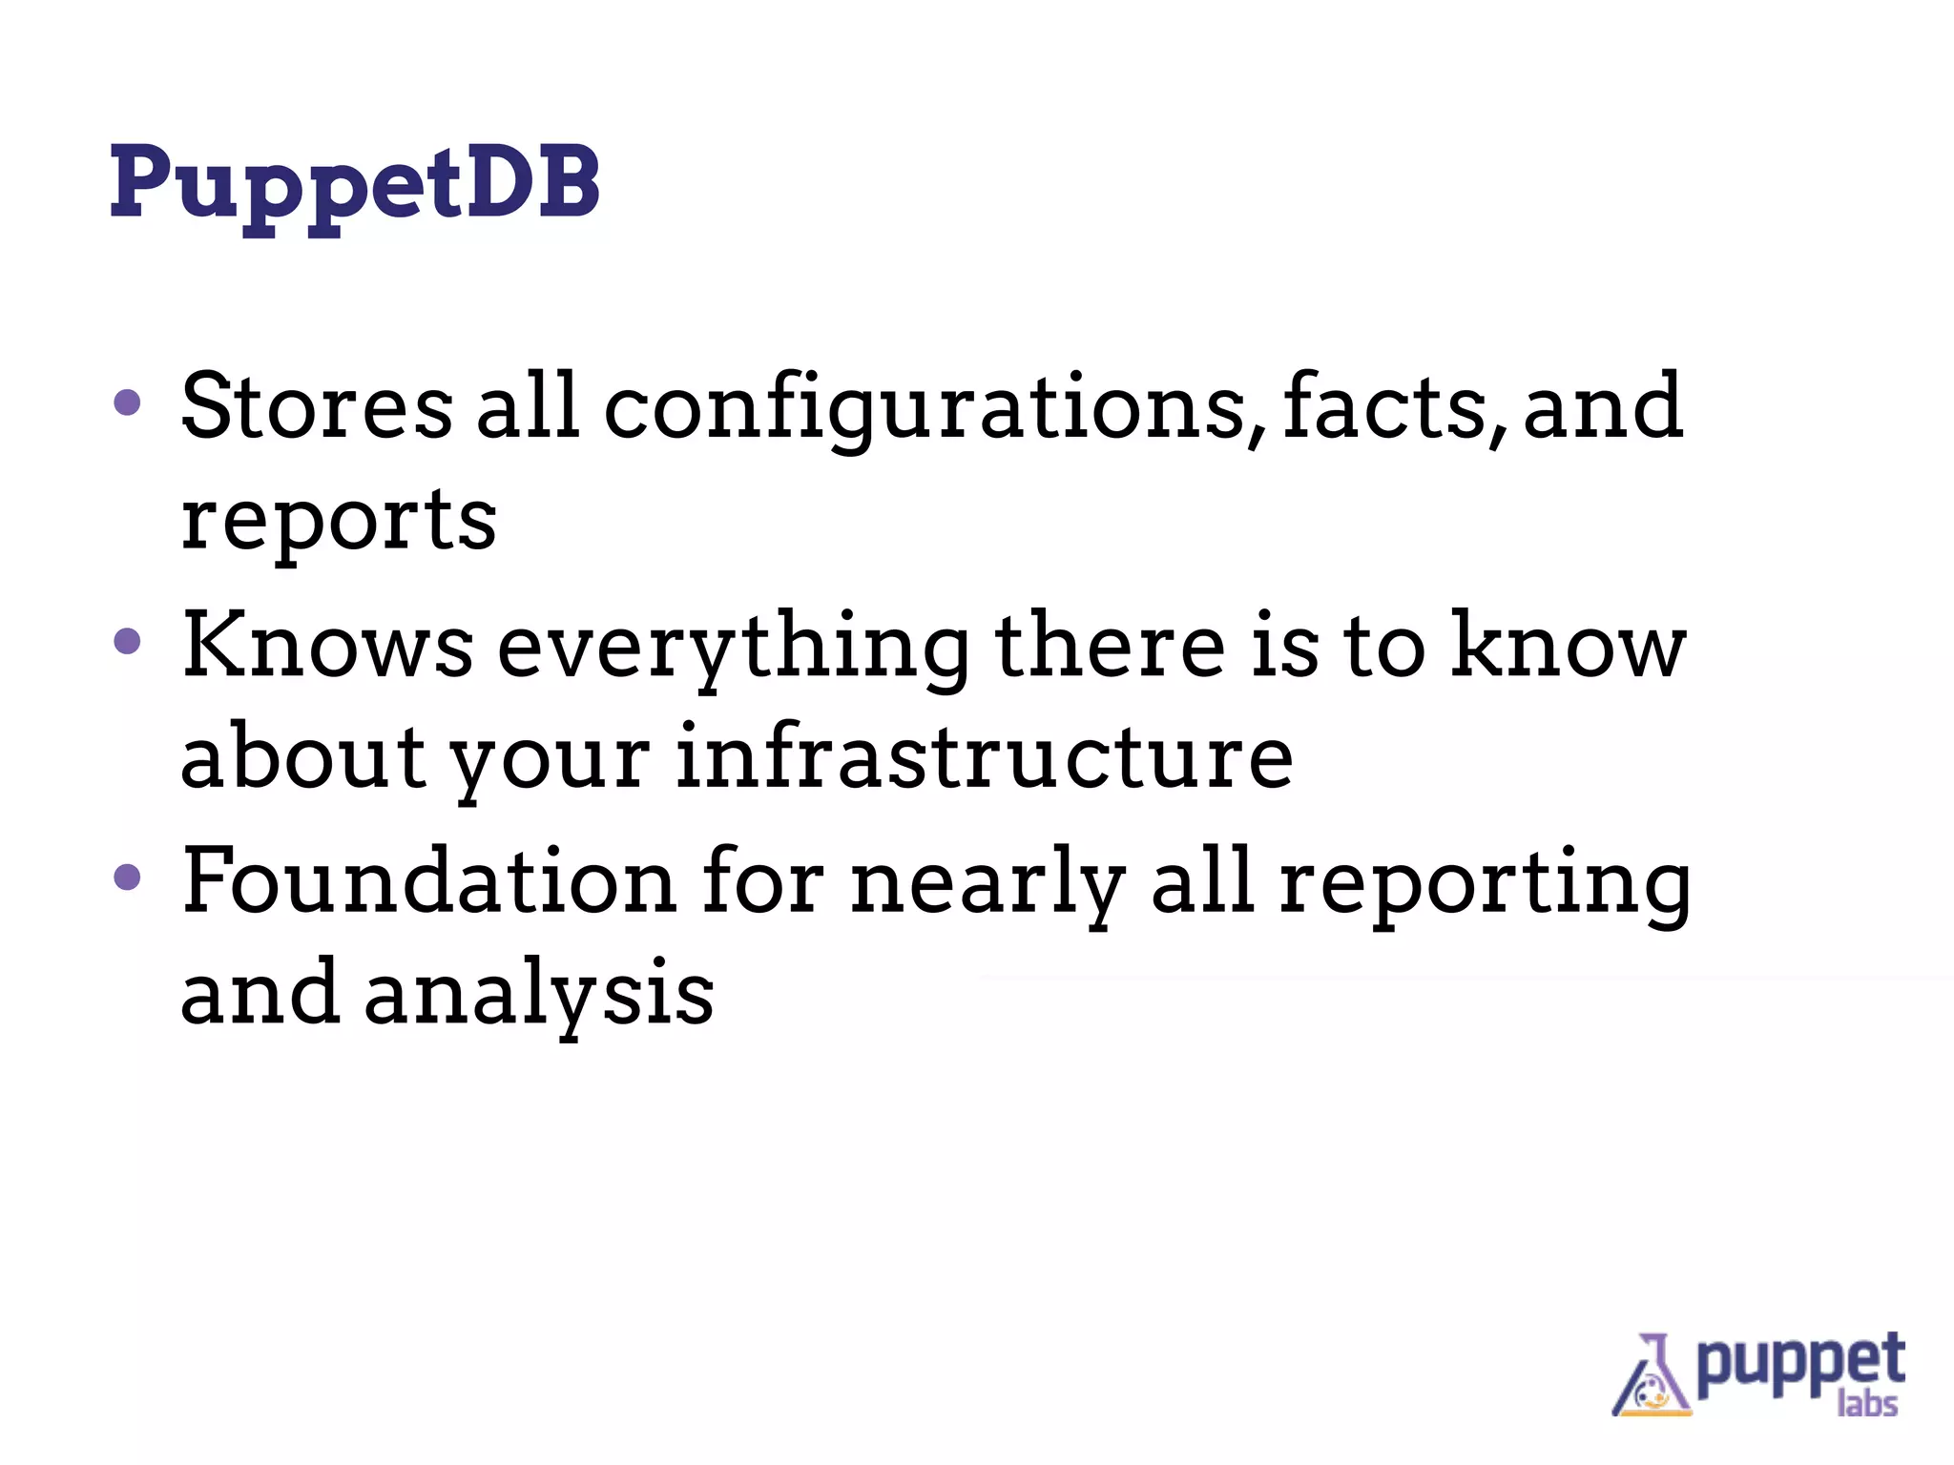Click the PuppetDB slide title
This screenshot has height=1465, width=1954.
pos(355,183)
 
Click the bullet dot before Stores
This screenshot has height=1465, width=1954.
pos(127,402)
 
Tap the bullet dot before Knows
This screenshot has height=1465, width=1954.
pos(127,641)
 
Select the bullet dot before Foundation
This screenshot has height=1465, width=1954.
pos(127,877)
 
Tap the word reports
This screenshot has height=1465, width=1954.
pos(339,523)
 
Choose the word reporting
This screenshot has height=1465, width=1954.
pos(1485,885)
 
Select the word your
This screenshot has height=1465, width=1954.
pos(550,761)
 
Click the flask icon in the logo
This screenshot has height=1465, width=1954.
pos(1650,1377)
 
